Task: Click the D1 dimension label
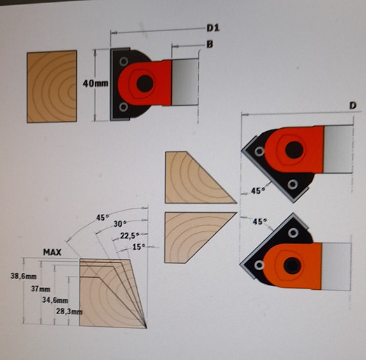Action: point(213,29)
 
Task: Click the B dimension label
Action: point(208,44)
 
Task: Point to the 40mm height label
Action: point(95,83)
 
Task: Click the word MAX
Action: point(52,252)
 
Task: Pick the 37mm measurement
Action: point(40,289)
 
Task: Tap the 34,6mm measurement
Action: point(54,299)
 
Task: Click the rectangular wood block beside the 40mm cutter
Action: point(52,86)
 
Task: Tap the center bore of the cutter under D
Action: point(294,150)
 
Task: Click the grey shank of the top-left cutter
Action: point(186,81)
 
